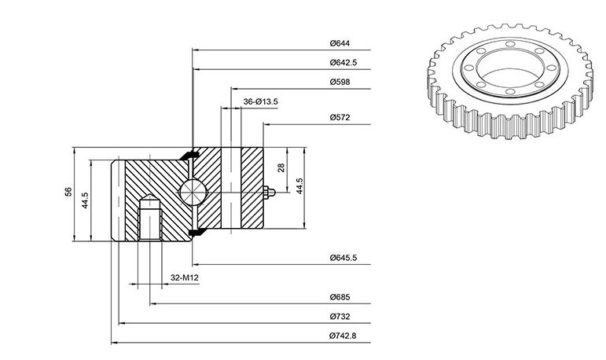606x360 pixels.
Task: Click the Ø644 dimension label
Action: [340, 43]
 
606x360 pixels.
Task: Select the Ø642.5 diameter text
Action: [343, 63]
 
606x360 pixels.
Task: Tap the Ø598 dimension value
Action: [340, 82]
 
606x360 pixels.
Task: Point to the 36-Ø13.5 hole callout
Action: [260, 101]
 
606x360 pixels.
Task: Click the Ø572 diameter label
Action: [340, 118]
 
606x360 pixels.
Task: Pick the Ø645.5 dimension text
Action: [343, 258]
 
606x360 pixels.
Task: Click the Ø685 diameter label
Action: [340, 297]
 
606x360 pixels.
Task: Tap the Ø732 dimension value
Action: [340, 317]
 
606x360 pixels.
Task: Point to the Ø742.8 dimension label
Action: [343, 336]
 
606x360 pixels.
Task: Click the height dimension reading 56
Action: [68, 192]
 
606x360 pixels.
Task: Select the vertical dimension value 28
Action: [281, 167]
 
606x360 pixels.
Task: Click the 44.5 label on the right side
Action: [299, 186]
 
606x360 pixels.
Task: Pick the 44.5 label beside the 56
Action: [86, 200]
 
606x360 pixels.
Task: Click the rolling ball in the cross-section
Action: [193, 192]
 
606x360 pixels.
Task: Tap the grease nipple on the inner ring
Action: [269, 192]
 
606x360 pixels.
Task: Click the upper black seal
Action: [189, 155]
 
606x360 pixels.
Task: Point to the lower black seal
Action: [197, 232]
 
